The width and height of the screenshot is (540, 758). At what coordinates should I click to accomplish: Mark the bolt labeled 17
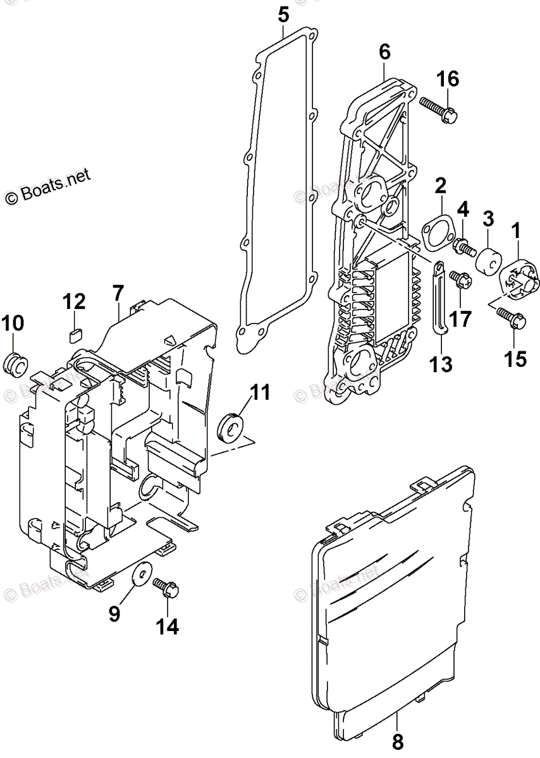click(x=458, y=279)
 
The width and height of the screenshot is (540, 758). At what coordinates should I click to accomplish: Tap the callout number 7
click(x=118, y=294)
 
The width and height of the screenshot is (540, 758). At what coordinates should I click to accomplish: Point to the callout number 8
click(x=397, y=740)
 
